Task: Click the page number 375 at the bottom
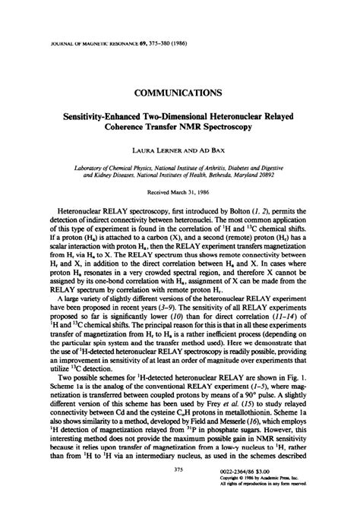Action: point(179,491)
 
